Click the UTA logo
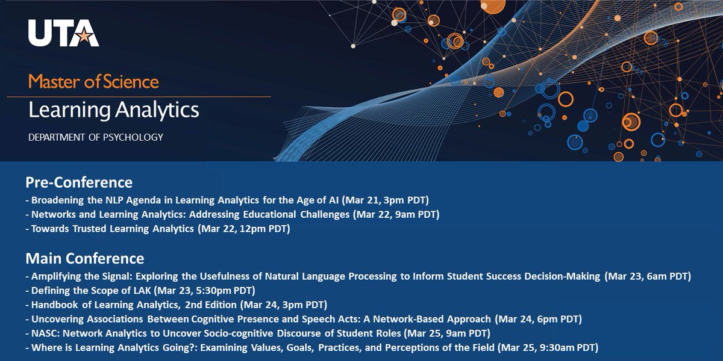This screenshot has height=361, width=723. click(x=63, y=34)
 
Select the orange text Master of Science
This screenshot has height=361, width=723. click(x=93, y=81)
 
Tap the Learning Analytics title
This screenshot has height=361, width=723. click(x=113, y=110)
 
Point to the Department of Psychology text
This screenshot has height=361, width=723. click(x=95, y=137)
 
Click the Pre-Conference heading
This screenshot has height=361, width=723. click(x=79, y=182)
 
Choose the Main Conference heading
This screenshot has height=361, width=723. click(x=84, y=259)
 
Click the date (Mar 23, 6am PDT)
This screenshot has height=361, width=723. click(x=647, y=276)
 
